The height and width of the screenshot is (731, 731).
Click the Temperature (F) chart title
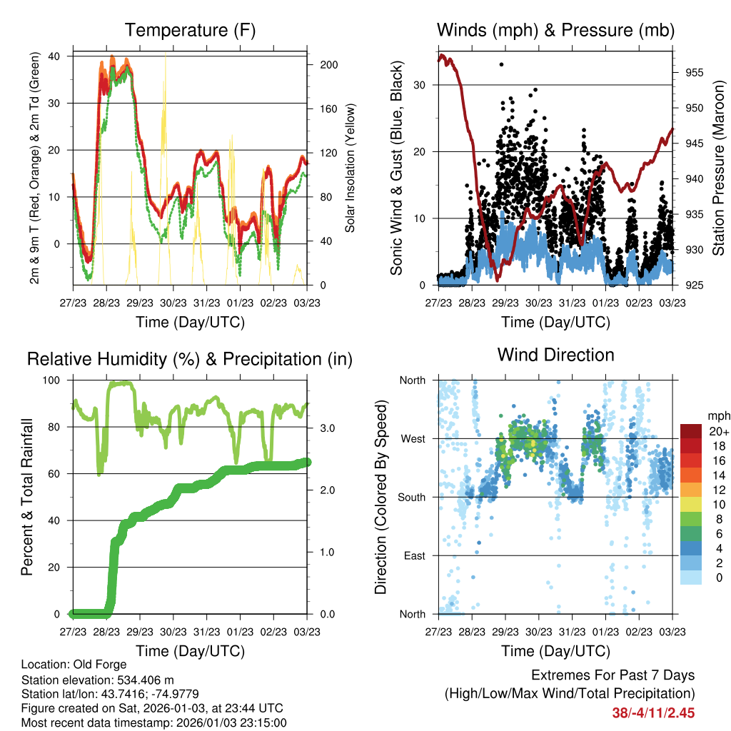[189, 30]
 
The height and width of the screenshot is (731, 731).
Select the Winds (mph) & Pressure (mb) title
[555, 30]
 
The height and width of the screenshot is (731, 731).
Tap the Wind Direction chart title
[555, 355]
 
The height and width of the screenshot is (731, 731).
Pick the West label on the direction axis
[412, 438]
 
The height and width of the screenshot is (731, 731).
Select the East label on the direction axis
[413, 555]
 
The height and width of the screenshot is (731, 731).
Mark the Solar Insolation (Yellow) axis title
[351, 168]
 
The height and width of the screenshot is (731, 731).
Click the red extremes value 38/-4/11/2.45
[653, 712]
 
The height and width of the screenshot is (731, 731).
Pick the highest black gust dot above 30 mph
[502, 64]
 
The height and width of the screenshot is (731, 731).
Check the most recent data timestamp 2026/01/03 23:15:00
[227, 722]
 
